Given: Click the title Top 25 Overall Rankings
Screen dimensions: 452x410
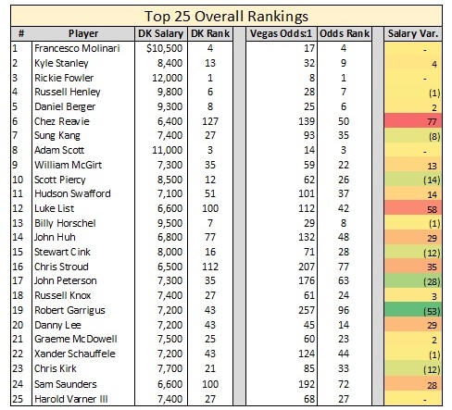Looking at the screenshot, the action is (226, 17).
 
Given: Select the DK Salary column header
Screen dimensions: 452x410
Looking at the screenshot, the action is (160, 33).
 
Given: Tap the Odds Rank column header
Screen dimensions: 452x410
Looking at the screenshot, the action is (345, 33).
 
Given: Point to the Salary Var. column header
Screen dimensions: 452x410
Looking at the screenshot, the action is (413, 33).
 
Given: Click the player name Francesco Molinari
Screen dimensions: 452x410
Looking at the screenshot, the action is (77, 48).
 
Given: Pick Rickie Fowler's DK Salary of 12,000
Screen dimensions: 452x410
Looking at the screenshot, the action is (167, 78).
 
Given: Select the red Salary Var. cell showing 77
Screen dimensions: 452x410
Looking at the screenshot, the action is (413, 121).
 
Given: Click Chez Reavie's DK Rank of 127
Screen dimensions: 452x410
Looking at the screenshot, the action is (210, 121).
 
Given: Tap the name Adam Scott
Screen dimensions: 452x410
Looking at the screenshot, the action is (59, 150).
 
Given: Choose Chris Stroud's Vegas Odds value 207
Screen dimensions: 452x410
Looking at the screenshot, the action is (307, 267).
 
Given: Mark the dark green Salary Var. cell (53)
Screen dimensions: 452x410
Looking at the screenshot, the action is (413, 310).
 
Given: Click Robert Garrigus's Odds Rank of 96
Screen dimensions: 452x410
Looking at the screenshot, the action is (344, 310).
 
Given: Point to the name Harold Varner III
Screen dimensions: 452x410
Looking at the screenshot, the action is (71, 399).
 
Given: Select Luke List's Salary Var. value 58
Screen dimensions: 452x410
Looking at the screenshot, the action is (432, 210).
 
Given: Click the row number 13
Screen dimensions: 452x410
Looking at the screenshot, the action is (18, 223).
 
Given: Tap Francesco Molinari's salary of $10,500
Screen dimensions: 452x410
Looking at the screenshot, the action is (165, 48).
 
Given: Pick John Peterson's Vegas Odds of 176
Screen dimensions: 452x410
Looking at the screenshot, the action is (307, 280).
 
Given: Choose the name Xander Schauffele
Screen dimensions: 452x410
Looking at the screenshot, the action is (75, 354).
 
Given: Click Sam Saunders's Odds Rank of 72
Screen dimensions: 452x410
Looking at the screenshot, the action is (344, 384).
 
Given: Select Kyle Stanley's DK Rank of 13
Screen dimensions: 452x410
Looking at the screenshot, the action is (210, 63).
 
